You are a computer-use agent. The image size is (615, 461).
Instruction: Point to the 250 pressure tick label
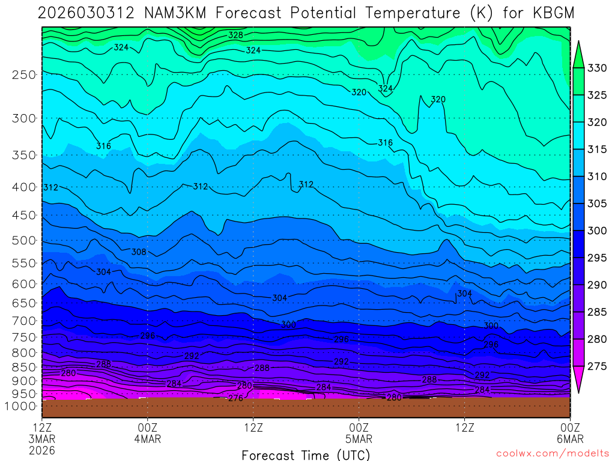pyautogui.click(x=24, y=74)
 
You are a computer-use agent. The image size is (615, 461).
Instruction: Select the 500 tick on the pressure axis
pyautogui.click(x=24, y=241)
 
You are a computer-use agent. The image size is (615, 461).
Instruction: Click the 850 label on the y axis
pyautogui.click(x=24, y=367)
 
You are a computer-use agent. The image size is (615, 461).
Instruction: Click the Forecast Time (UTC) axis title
pyautogui.click(x=306, y=454)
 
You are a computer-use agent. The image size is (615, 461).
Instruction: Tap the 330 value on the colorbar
pyautogui.click(x=596, y=68)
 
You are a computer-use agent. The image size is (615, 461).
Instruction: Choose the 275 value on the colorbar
pyautogui.click(x=596, y=366)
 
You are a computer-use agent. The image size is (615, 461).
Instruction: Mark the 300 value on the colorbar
pyautogui.click(x=596, y=231)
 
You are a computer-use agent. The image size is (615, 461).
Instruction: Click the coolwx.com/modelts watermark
pyautogui.click(x=553, y=452)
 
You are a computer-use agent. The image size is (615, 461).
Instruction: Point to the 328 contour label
pyautogui.click(x=235, y=35)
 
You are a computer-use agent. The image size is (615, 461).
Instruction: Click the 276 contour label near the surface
pyautogui.click(x=235, y=398)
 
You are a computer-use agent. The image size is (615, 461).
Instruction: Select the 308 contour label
pyautogui.click(x=139, y=252)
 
